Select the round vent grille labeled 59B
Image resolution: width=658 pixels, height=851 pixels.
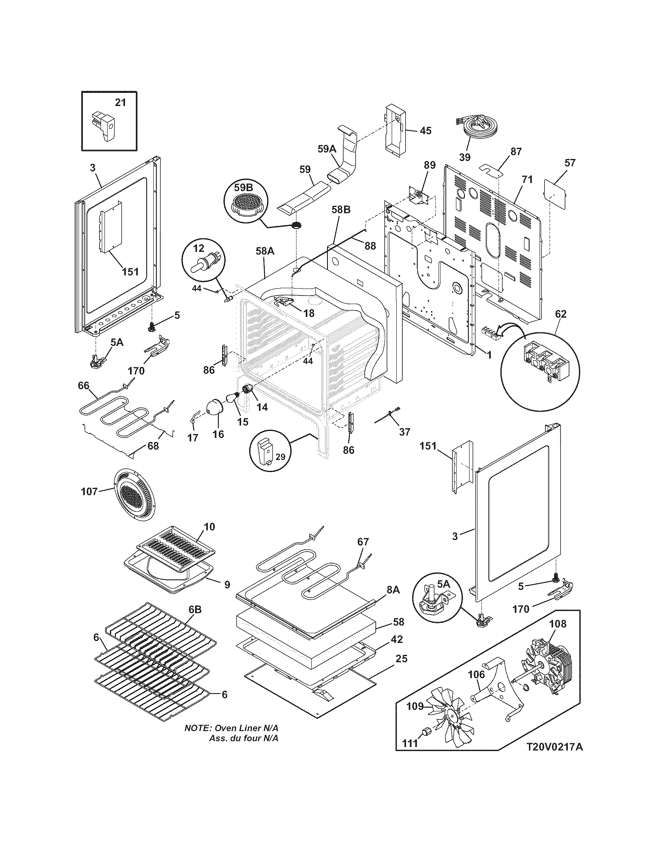245,203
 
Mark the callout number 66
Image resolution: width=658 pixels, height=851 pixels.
83,385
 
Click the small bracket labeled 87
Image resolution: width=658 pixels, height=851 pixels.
491,170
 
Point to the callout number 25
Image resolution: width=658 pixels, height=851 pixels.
401,658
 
